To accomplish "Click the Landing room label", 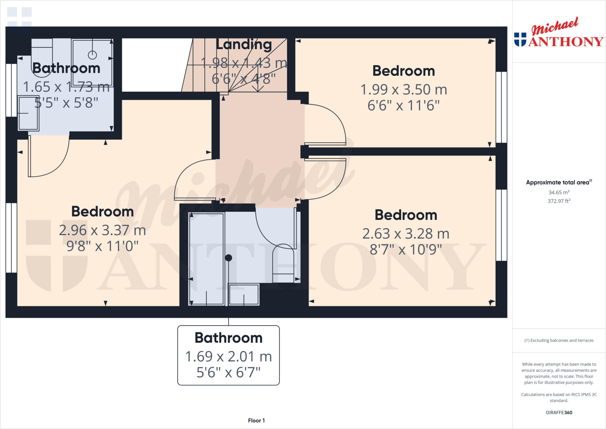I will click(244, 45).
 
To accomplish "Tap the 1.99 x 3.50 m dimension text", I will click(404, 89).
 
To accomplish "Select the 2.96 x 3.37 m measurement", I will click(102, 230).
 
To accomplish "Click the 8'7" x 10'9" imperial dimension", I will click(406, 250).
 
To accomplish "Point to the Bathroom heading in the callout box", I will click(228, 338).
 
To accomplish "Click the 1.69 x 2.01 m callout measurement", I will click(228, 356).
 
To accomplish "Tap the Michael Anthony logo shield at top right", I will click(520, 39).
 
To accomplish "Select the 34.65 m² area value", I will click(559, 192).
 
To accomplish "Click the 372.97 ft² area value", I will click(559, 201).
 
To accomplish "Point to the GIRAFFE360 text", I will click(559, 412).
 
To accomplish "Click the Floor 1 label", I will click(256, 420).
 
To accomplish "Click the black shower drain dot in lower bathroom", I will click(228, 258).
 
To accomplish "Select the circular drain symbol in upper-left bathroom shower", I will click(92, 55).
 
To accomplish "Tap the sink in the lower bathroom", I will click(244, 294).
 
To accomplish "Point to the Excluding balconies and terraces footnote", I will click(559, 340).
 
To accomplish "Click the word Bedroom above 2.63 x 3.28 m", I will click(406, 215).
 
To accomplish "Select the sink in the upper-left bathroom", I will click(28, 113).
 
